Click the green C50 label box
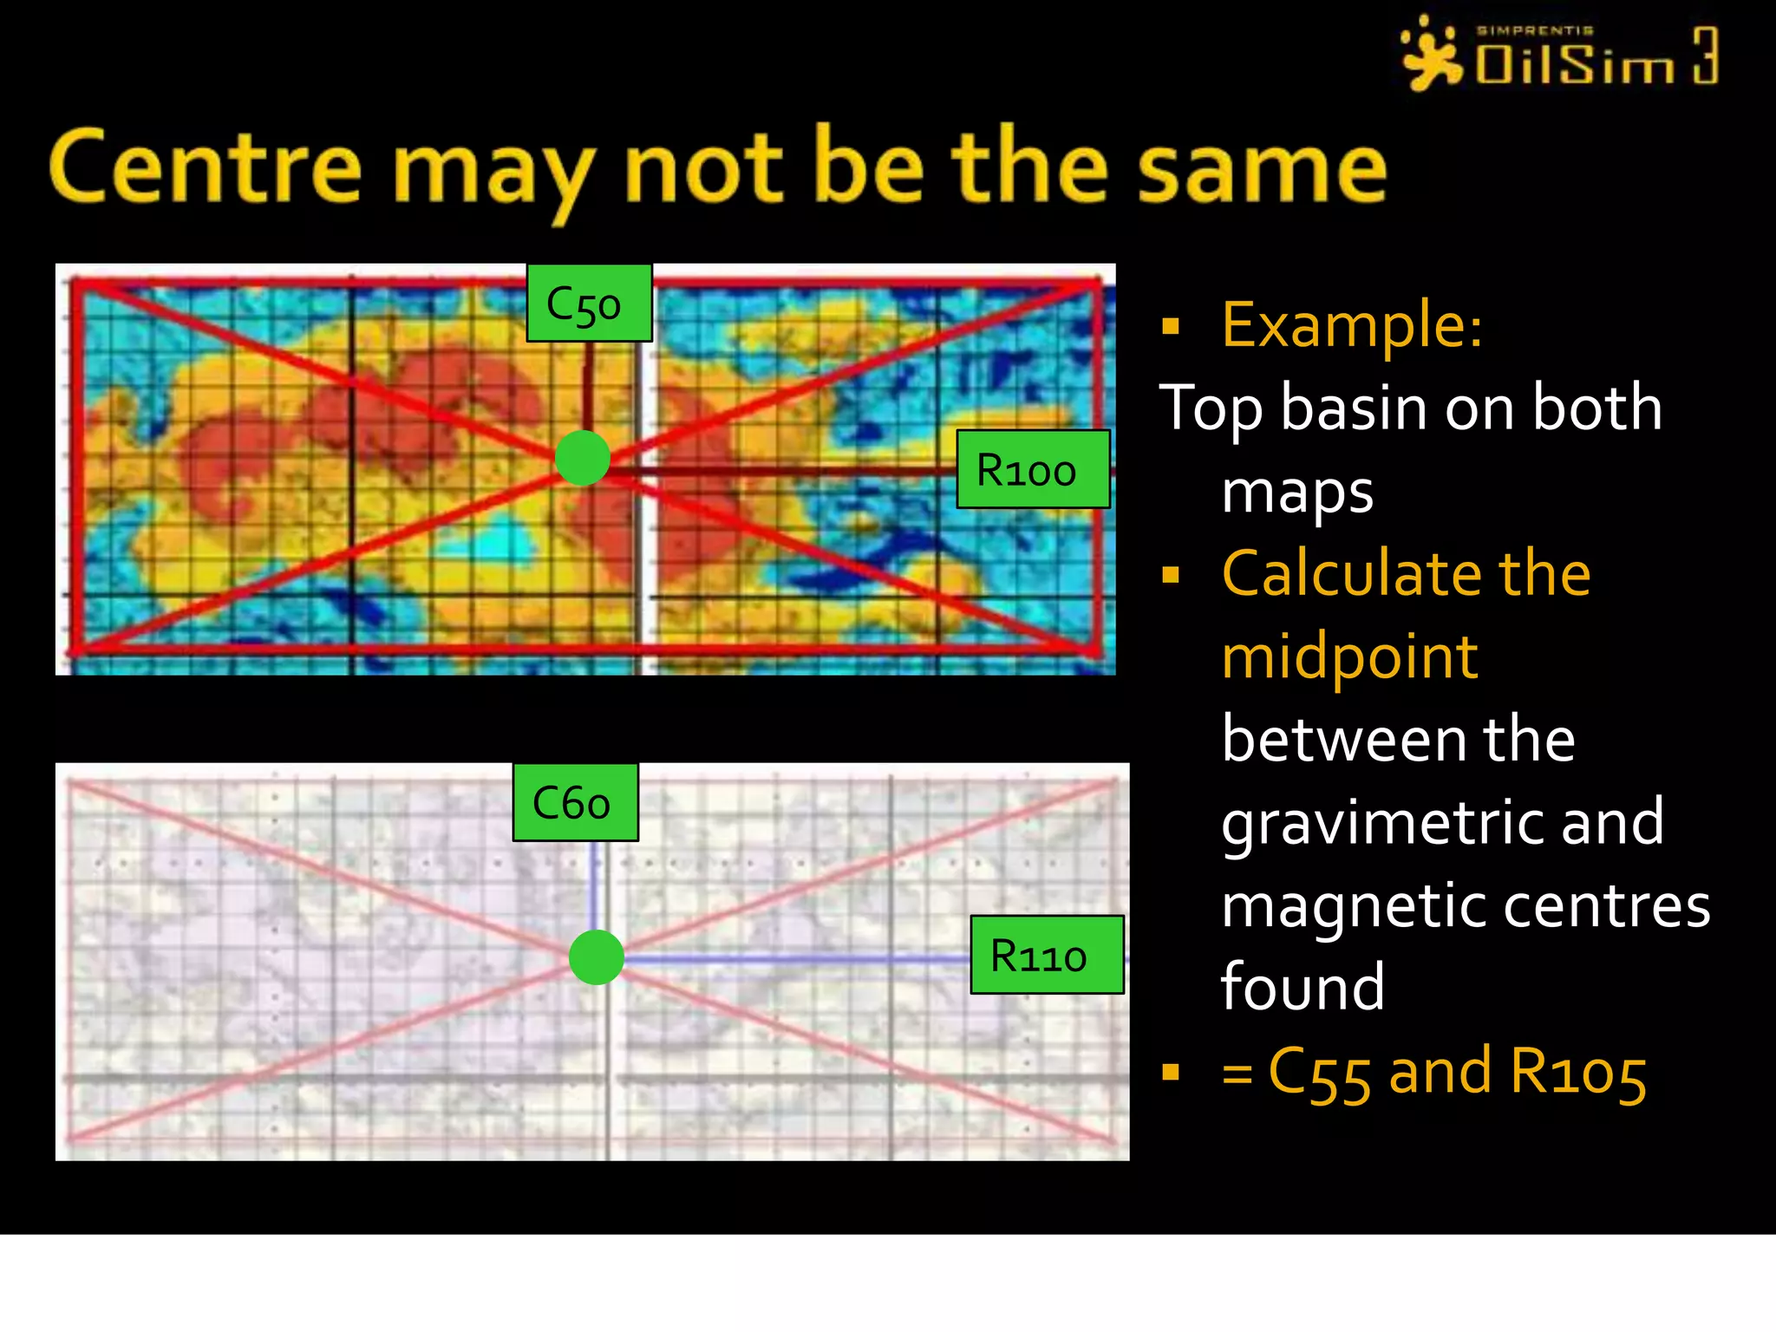589,304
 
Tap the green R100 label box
1032,469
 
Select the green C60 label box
575,802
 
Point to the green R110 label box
1046,955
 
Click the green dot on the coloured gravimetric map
582,458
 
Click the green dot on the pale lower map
597,957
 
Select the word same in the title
1262,168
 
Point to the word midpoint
1348,656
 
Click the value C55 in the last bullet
1318,1073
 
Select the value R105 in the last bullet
1577,1073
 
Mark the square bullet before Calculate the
1171,575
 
